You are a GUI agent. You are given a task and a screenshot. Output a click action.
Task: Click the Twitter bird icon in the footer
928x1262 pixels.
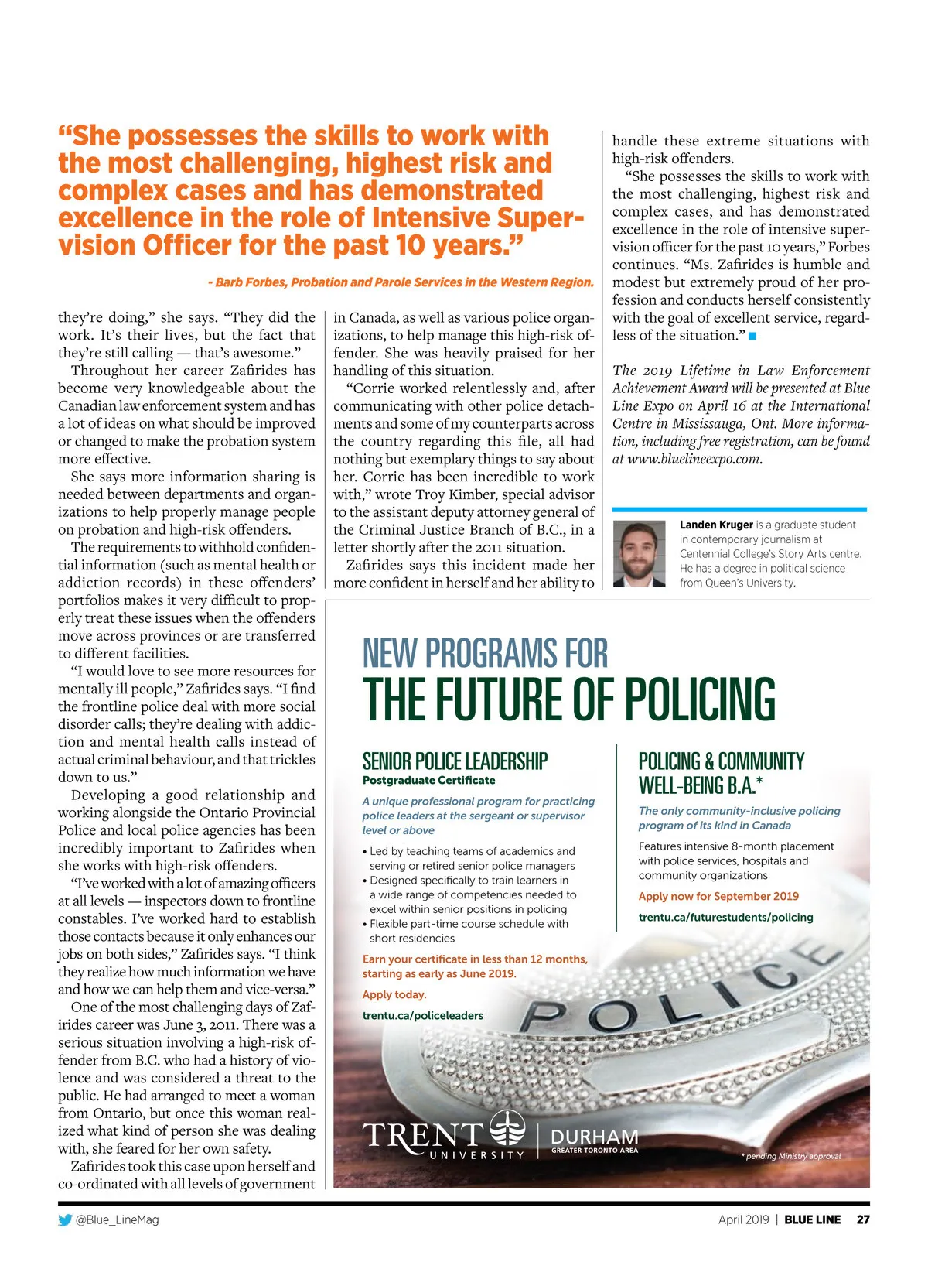coord(65,1219)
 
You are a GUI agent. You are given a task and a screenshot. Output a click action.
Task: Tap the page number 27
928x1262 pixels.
coord(863,1219)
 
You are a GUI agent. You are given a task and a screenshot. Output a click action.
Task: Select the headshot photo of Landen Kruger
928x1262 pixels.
coord(639,552)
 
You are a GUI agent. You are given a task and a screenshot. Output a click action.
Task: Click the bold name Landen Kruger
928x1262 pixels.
coord(716,525)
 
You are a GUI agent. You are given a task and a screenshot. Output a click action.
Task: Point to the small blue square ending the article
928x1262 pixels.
coord(752,336)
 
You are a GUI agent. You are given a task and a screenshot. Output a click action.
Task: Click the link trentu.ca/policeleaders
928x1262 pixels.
coord(422,1015)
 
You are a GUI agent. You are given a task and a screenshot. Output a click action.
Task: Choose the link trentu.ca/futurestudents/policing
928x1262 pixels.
coord(725,917)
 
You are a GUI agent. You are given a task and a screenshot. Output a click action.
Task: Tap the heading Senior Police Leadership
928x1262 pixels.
coord(455,761)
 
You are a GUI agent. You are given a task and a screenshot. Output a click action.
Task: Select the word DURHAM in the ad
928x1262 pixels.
coord(594,1137)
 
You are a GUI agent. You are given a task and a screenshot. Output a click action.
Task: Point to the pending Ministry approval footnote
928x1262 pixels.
coord(790,1156)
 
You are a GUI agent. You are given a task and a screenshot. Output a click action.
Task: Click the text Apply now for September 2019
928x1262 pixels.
coord(718,896)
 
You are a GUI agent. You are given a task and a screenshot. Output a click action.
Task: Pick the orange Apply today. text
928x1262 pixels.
coord(394,994)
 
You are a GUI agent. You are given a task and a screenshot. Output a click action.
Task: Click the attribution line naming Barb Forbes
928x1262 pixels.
coord(401,282)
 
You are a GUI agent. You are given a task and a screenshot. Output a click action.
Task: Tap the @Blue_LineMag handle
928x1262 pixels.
coord(117,1219)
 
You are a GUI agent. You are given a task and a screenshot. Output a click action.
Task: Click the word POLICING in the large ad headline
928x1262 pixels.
coord(699,699)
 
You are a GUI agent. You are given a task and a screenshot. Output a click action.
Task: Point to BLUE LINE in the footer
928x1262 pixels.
coord(812,1219)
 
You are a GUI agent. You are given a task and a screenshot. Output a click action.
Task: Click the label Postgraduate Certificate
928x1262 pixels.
coord(428,780)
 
